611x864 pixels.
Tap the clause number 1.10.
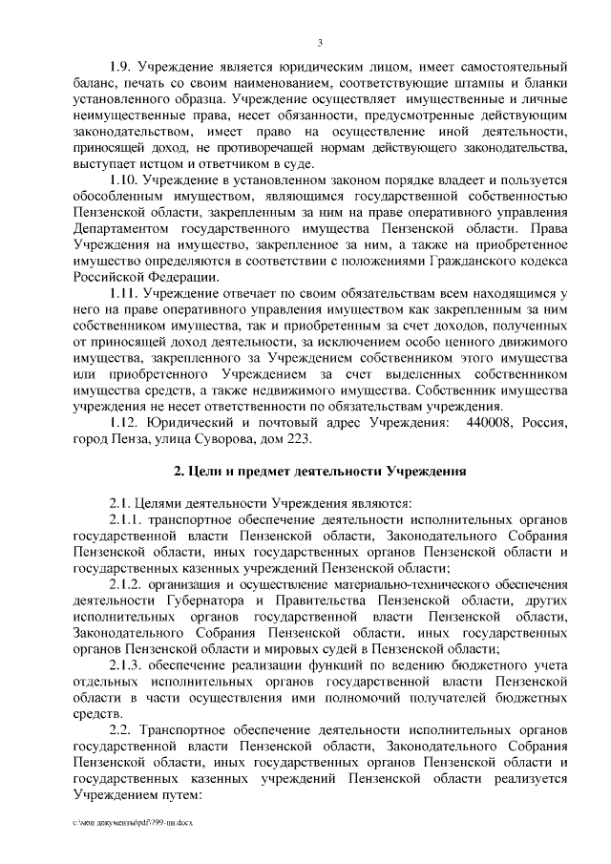click(x=124, y=179)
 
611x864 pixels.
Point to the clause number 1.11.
click(x=124, y=292)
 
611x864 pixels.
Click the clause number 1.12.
click(x=124, y=421)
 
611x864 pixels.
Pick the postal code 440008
click(x=489, y=421)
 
